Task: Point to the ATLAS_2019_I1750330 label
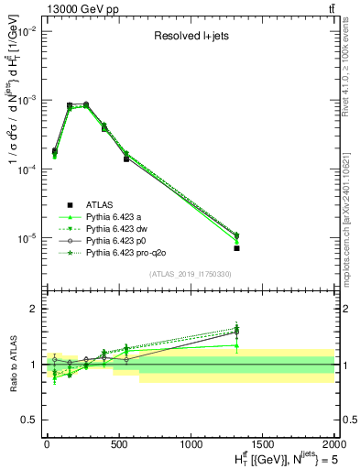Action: point(190,274)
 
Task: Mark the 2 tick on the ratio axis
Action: point(35,309)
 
